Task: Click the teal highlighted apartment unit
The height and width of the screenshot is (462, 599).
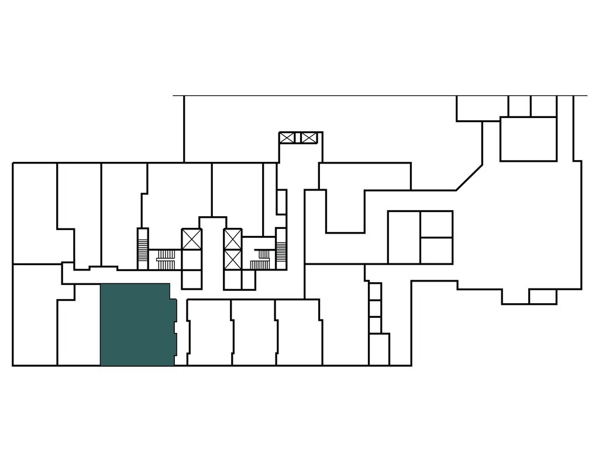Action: point(137,325)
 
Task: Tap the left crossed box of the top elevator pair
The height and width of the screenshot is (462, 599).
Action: point(287,138)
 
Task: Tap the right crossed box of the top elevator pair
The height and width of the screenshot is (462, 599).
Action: point(308,138)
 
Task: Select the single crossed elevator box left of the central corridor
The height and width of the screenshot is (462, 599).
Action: point(192,239)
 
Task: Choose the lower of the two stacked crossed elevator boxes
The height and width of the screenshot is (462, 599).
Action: point(233,259)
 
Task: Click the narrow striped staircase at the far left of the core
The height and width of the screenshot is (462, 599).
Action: point(143,248)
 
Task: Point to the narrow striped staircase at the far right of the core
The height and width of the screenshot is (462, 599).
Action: point(281,248)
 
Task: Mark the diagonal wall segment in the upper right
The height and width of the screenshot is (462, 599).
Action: point(469,178)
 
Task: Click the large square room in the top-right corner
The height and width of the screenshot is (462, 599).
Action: point(528,138)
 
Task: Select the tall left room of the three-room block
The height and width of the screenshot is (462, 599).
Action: point(404,237)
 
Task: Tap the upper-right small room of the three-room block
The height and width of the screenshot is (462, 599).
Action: point(436,224)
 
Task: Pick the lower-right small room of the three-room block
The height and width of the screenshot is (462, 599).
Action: point(436,251)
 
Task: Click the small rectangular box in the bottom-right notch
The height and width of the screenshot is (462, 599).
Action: point(542,297)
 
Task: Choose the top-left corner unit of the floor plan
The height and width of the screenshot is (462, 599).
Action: point(35,213)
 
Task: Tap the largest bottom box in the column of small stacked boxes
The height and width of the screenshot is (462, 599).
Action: point(379,349)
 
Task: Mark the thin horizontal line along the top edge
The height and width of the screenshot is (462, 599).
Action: point(380,95)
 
